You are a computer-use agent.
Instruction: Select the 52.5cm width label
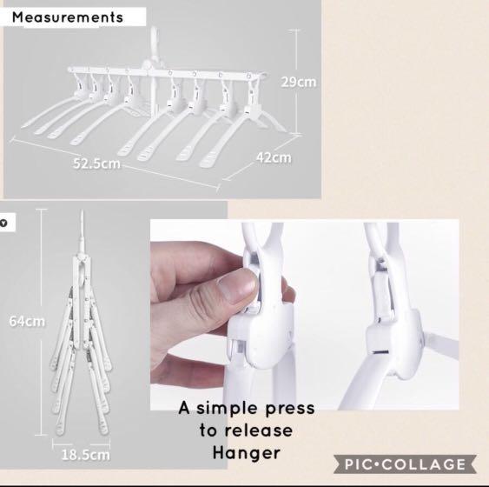pyautogui.click(x=96, y=163)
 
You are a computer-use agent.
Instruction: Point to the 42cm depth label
pyautogui.click(x=274, y=157)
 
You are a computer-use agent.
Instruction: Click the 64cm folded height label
pyautogui.click(x=27, y=321)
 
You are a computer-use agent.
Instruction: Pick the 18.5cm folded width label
pyautogui.click(x=85, y=453)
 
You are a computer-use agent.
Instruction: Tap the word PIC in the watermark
pyautogui.click(x=362, y=464)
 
